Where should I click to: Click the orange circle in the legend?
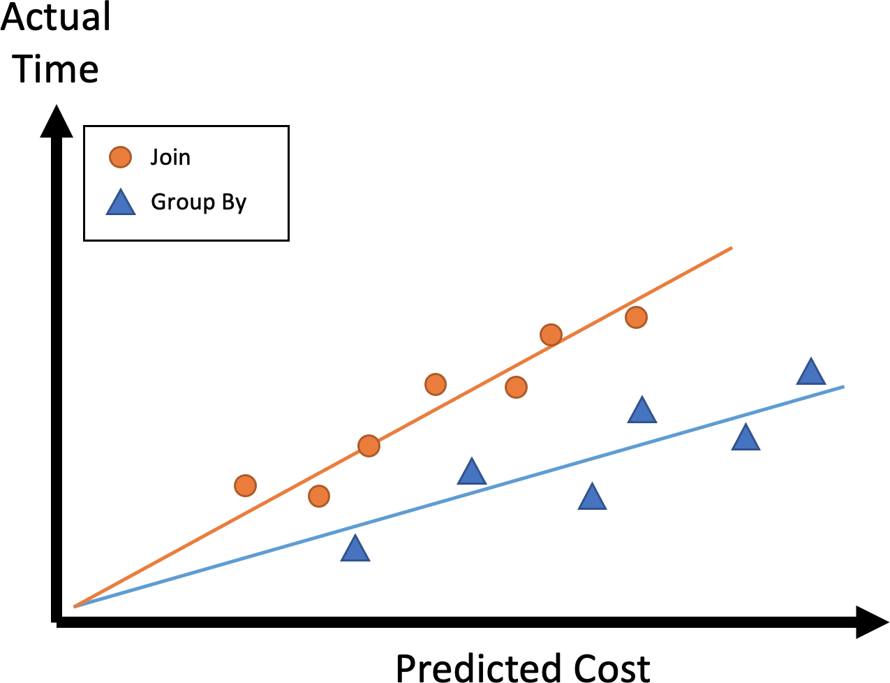click(120, 157)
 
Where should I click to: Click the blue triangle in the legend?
click(120, 203)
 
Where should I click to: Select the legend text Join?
click(170, 157)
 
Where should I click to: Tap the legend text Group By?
click(198, 203)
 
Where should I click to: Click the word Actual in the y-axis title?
click(56, 17)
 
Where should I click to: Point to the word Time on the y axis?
click(56, 69)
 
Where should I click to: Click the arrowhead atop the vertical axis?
click(57, 120)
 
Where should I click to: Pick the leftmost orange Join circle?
click(245, 485)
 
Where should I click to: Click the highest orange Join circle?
click(636, 318)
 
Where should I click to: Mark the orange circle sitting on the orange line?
click(369, 446)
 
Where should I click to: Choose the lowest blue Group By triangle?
click(355, 550)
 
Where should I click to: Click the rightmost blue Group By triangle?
click(811, 372)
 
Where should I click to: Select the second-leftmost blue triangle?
click(472, 473)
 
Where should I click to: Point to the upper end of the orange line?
click(731, 247)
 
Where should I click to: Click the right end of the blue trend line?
click(844, 386)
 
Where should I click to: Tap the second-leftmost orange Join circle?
click(318, 497)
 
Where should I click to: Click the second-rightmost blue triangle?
click(746, 438)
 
